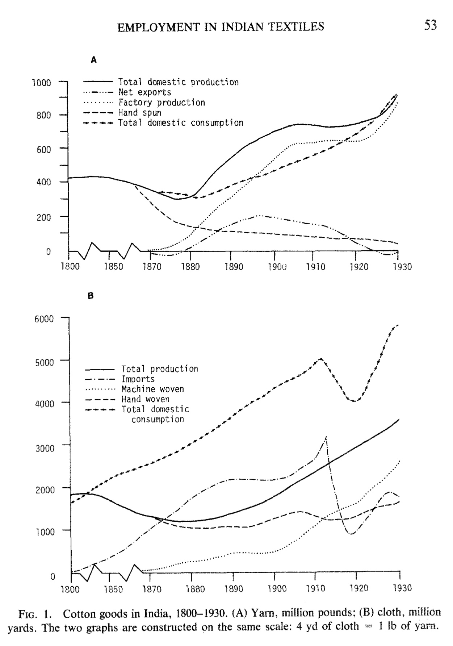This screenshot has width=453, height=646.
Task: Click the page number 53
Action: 430,25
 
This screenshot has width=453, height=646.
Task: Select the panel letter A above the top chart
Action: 94,60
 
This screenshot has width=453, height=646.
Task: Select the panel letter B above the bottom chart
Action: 91,296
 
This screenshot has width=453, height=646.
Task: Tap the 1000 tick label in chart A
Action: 42,83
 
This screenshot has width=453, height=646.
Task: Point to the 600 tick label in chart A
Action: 43,149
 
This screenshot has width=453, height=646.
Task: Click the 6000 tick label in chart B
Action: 44,319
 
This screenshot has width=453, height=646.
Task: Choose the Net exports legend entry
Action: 144,92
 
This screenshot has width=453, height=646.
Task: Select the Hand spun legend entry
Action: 139,113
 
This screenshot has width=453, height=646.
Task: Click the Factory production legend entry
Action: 162,103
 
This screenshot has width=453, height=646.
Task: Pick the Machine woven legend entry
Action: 152,389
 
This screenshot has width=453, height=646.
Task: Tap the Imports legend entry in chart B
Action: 138,379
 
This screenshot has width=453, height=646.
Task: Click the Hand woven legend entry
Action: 145,399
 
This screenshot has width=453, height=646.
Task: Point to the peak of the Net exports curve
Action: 258,216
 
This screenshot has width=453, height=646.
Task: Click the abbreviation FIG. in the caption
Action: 33,614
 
